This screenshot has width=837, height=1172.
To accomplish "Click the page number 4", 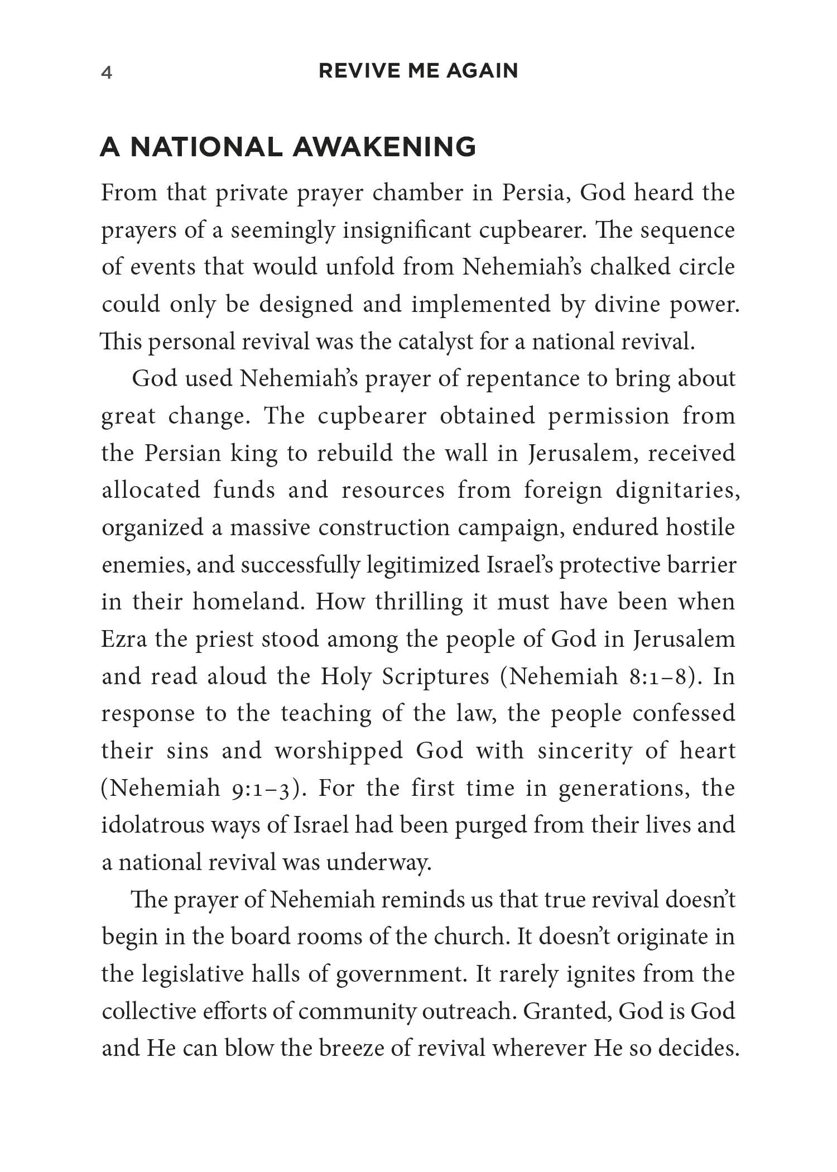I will (107, 73).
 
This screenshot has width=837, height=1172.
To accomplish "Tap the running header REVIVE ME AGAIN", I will (418, 71).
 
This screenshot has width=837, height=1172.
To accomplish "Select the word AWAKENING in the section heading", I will (384, 147).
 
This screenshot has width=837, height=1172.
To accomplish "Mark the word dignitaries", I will (677, 490).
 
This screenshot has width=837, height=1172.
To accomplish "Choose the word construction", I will (383, 527).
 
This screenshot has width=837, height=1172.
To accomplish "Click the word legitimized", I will (424, 565).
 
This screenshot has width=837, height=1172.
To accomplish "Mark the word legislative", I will (193, 974).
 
